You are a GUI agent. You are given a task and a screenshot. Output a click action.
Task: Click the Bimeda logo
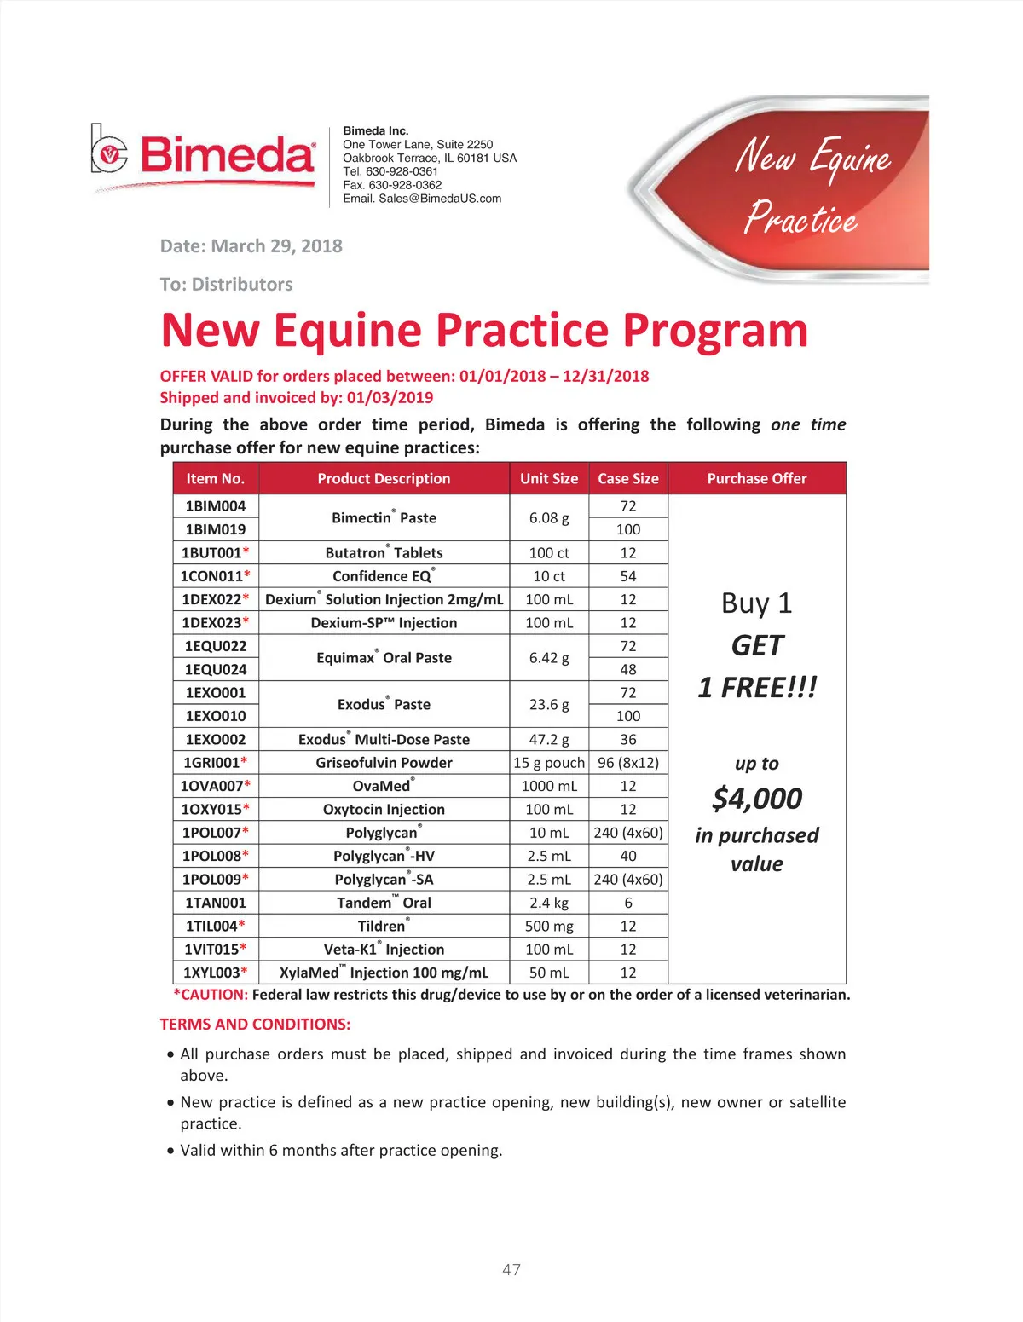click(x=204, y=155)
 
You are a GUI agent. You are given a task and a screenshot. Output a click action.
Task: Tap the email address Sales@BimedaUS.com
click(x=440, y=199)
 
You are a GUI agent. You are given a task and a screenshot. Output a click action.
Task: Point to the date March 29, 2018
click(x=276, y=246)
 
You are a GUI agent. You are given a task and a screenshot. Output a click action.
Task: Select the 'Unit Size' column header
click(x=549, y=479)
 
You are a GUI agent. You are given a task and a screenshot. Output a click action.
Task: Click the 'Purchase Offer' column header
click(x=757, y=479)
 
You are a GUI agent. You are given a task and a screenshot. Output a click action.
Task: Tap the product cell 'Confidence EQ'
click(x=384, y=576)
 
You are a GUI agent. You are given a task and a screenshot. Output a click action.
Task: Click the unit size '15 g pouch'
click(x=549, y=763)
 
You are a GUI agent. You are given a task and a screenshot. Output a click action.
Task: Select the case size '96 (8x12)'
click(x=628, y=763)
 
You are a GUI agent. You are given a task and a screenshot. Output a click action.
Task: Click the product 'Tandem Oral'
click(x=384, y=903)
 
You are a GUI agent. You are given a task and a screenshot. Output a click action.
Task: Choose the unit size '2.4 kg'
click(x=549, y=903)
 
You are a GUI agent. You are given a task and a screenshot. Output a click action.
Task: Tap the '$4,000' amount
click(x=757, y=799)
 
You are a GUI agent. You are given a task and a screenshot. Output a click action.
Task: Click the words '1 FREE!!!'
click(x=757, y=687)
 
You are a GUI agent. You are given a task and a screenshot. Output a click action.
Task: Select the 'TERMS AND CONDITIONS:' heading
click(x=255, y=1025)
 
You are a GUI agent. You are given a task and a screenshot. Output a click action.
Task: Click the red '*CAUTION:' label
click(x=211, y=995)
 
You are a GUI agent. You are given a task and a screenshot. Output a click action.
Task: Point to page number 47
click(x=511, y=1269)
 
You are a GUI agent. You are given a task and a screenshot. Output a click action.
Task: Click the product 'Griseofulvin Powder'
click(x=384, y=763)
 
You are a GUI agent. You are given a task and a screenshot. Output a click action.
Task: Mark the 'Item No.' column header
click(x=215, y=479)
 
